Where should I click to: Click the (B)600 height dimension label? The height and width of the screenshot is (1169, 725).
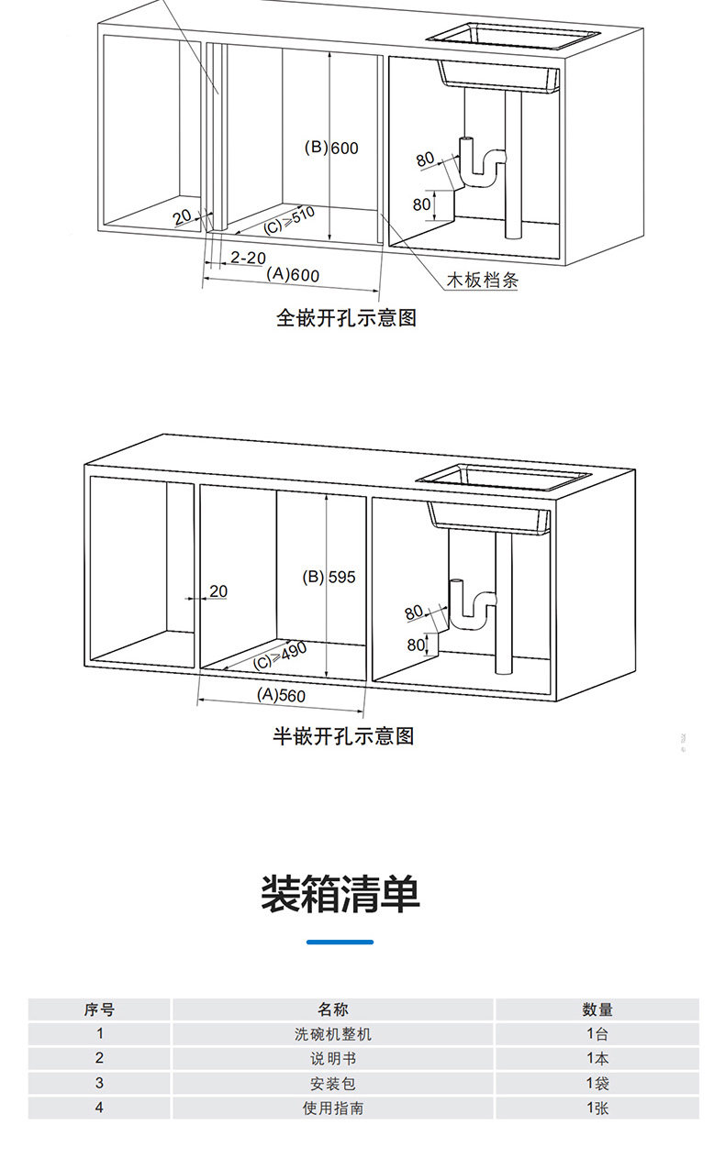coord(331,149)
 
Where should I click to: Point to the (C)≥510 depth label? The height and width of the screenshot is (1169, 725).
coord(289,221)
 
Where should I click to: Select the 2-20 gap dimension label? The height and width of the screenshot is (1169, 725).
coord(248,258)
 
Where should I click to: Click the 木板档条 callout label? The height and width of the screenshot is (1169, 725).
coord(482,281)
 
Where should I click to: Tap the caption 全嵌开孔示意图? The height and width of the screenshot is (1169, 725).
coord(347,318)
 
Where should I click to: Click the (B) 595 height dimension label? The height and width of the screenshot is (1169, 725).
coord(329,577)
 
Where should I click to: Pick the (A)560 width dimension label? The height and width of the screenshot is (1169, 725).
coord(281,695)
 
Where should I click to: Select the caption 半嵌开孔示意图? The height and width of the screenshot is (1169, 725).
coord(343,735)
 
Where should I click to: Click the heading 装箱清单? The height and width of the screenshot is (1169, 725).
coord(340,894)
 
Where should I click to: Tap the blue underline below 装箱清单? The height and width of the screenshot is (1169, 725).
coord(340,942)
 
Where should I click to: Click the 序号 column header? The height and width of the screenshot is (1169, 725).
coord(99,1009)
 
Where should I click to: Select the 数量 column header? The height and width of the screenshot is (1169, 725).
coord(597,1009)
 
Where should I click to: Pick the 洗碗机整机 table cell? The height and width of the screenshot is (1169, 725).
coord(333,1034)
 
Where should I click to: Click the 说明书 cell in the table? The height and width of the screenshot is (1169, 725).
coord(333,1059)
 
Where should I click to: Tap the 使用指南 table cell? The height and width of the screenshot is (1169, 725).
coord(333,1108)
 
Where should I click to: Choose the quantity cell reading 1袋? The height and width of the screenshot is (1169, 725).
coord(597,1084)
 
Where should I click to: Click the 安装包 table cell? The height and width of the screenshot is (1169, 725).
coord(333,1084)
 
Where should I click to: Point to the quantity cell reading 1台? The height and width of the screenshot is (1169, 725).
coord(597,1034)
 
